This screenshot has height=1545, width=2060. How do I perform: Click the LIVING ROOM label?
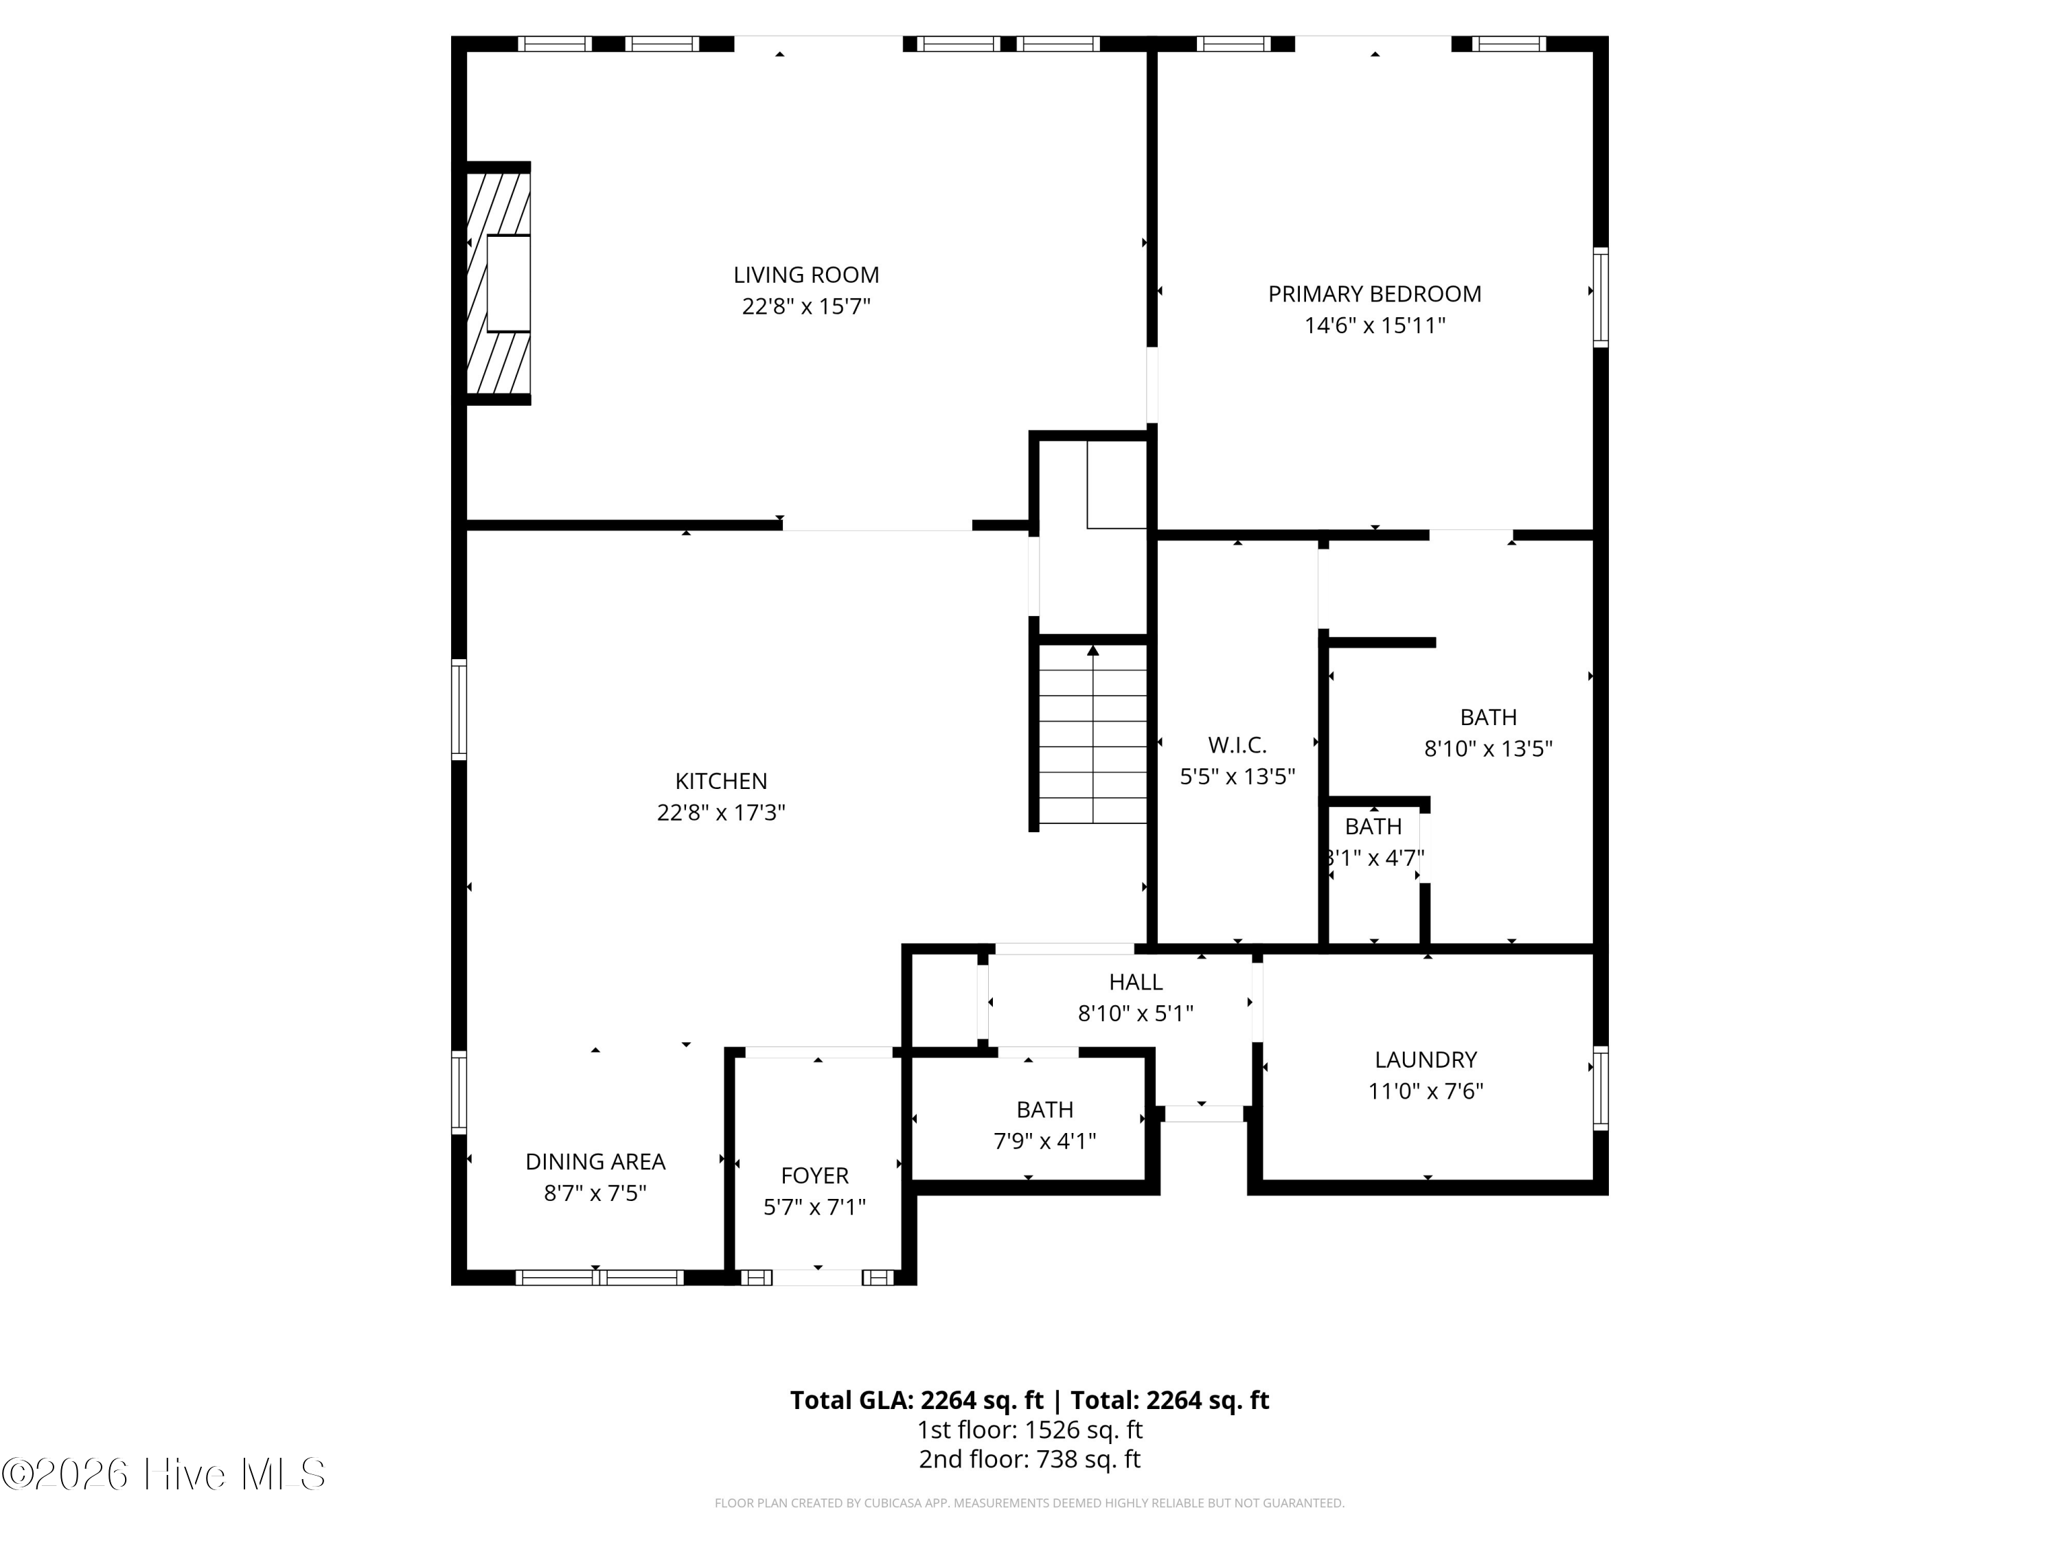click(805, 275)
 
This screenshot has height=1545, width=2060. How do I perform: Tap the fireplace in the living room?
click(499, 283)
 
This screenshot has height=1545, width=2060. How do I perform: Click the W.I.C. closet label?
click(1237, 745)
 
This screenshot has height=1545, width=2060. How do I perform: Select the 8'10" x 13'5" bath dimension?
click(1487, 748)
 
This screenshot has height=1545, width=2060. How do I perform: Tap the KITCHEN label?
click(721, 781)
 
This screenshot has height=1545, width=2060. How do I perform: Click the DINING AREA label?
click(595, 1161)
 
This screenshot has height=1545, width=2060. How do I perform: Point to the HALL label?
click(1135, 981)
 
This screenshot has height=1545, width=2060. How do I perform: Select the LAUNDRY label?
click(1425, 1060)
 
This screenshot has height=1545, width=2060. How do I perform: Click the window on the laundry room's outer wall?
click(1600, 1087)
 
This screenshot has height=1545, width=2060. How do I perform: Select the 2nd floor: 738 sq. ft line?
click(1029, 1459)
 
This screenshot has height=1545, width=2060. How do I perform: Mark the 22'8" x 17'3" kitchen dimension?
click(721, 813)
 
